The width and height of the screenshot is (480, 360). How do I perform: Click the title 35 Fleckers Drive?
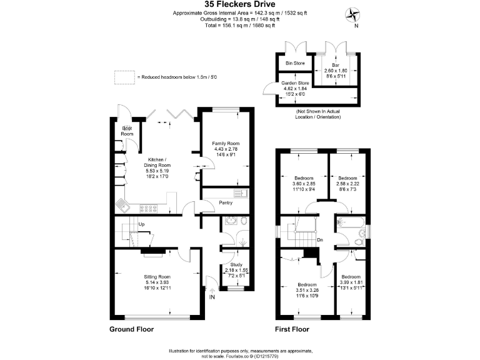coord(241,5)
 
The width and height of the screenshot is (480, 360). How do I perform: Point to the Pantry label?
coord(226,202)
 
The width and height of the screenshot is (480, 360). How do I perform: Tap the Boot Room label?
coord(127,132)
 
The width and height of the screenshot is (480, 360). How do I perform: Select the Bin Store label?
coord(295,63)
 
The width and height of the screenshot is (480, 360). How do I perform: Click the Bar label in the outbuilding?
coord(336,64)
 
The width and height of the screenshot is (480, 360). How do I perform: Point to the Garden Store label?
coord(294,82)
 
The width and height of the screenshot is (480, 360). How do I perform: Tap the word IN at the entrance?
coord(212,297)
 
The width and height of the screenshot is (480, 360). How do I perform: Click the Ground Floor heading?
coord(132,329)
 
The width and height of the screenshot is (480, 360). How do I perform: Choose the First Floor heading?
coord(292,329)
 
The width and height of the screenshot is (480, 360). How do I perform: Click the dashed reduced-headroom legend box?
coord(124,76)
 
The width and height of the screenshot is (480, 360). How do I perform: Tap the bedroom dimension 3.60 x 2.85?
coord(305,184)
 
